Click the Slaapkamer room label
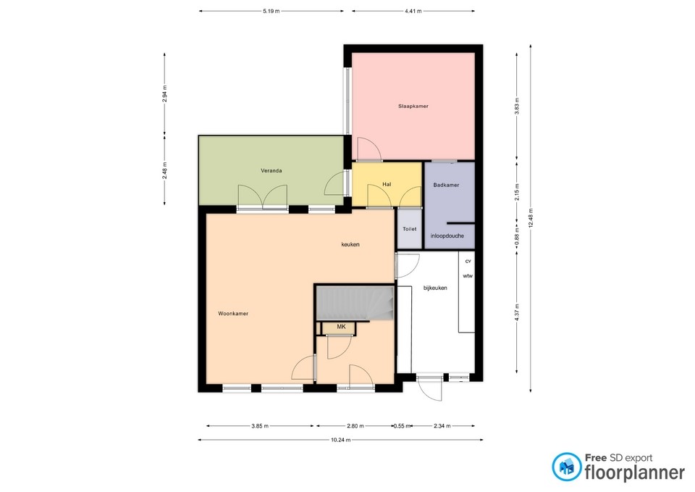413,107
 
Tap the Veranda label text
271,171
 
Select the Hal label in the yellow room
387,185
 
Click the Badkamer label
446,185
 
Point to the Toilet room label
410,229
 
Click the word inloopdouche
447,236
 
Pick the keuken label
350,245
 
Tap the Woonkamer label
233,314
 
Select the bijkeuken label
435,288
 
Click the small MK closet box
341,328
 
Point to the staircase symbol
355,302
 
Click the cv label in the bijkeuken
468,261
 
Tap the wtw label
468,276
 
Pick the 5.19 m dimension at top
271,12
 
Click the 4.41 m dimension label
413,12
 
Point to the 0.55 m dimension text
399,426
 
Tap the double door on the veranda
264,196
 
